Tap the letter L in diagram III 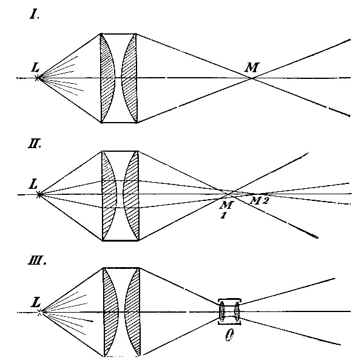pyautogui.click(x=36, y=299)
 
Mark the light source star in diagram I pyautogui.click(x=38, y=78)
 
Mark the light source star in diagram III pyautogui.click(x=40, y=312)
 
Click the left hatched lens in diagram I pyautogui.click(x=107, y=78)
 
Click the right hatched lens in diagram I pyautogui.click(x=130, y=78)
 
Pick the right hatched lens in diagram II pyautogui.click(x=131, y=195)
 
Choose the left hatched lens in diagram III pyautogui.click(x=110, y=312)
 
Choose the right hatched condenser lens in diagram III pyautogui.click(x=133, y=312)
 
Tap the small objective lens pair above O pyautogui.click(x=229, y=312)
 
